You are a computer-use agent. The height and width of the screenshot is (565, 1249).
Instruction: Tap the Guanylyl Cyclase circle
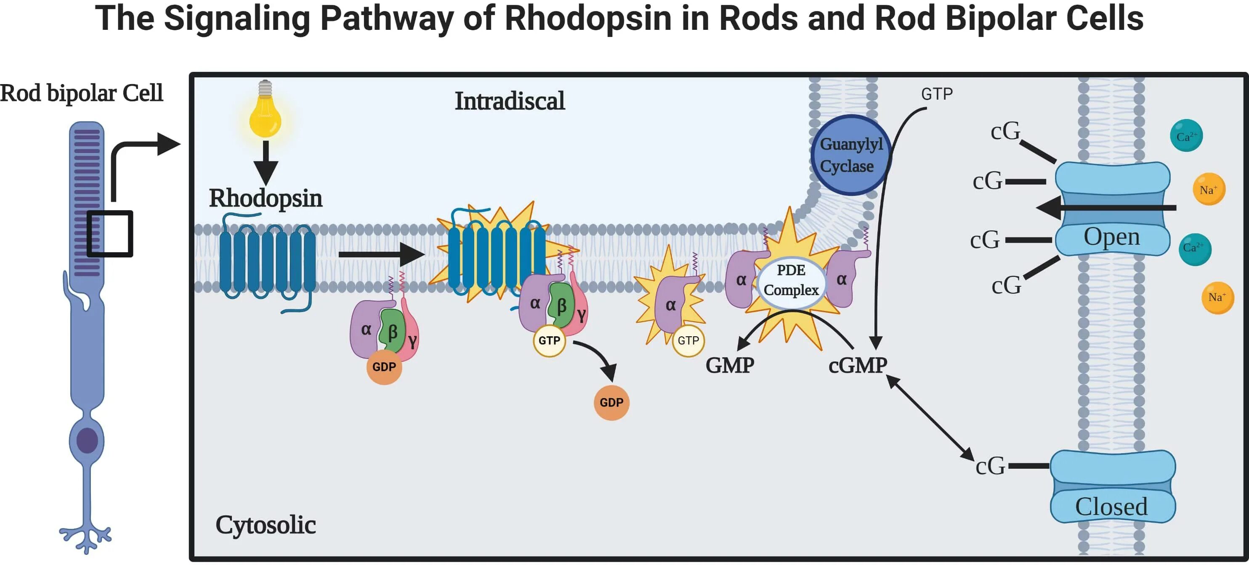[x=850, y=155]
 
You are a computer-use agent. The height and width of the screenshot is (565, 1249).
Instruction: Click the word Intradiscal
[x=510, y=101]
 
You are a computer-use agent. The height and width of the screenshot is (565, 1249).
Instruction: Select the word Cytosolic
[x=266, y=525]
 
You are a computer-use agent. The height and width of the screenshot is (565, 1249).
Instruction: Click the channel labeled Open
[x=1113, y=209]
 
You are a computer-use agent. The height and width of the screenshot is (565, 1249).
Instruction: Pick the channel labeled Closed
[x=1113, y=486]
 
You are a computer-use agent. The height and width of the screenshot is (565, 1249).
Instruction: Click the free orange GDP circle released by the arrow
[x=611, y=403]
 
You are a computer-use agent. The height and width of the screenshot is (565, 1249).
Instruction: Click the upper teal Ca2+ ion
[x=1186, y=136]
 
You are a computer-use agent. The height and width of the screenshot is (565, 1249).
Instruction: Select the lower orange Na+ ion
[x=1217, y=298]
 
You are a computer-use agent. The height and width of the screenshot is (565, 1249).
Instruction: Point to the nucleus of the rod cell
[x=87, y=441]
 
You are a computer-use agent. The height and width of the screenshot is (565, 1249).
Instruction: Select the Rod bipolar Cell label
[x=82, y=93]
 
